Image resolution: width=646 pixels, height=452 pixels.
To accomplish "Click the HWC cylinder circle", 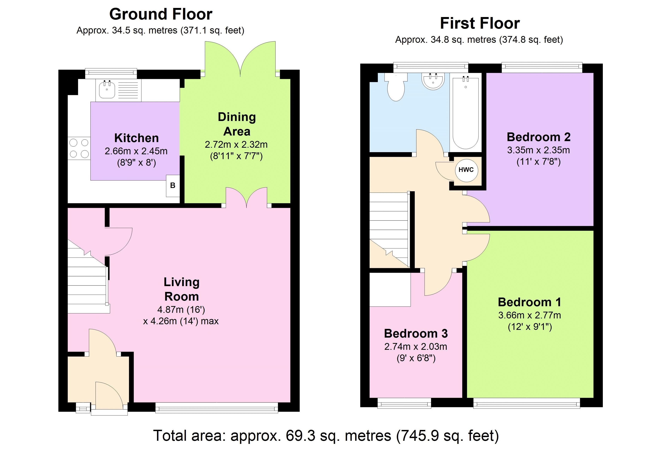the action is point(466,170).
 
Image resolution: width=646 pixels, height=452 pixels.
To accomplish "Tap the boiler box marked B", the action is point(173,186).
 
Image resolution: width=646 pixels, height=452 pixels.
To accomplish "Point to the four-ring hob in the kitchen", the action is point(79,148).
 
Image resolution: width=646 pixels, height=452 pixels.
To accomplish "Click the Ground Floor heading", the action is point(161,14).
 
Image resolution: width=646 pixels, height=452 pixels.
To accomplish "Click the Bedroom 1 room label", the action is point(529,302).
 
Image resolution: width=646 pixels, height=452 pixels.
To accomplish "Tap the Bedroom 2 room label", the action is point(539,137).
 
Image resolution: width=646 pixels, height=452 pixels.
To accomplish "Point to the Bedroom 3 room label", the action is point(416,333).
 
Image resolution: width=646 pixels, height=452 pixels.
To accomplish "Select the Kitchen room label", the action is point(137,138).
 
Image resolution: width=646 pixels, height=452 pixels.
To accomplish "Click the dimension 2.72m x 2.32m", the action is point(236,145).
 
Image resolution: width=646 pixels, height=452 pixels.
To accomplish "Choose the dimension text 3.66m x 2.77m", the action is point(529,315).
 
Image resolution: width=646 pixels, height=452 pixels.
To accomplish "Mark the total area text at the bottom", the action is point(326,436).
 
